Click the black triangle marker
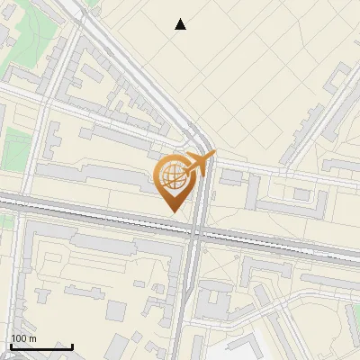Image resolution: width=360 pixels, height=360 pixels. pos(181,24)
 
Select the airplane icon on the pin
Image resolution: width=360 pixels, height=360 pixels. pos(197,164)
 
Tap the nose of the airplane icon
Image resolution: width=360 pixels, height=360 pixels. pos(213,155)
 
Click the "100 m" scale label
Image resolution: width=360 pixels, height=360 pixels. pos(24,338)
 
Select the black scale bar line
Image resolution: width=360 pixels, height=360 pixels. pos(41,346)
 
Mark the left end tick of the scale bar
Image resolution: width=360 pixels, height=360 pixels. pos(11,346)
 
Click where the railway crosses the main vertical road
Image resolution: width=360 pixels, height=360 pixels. pos(195,231)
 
